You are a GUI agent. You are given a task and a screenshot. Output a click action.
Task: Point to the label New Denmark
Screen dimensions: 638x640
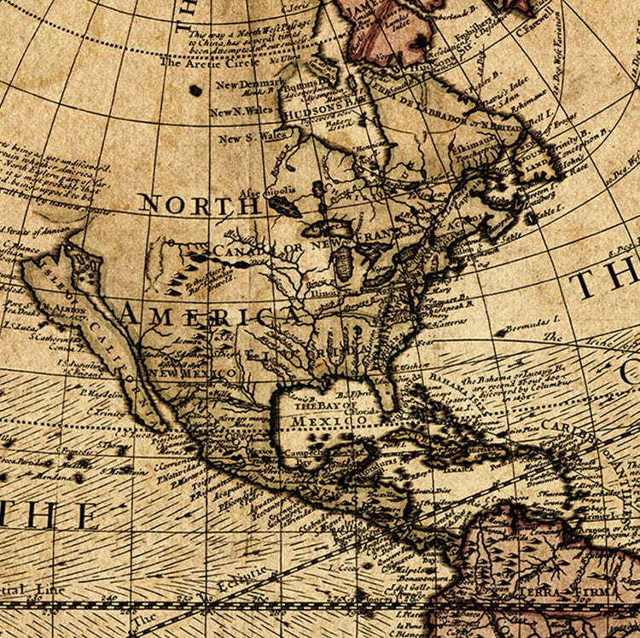[x=249, y=84]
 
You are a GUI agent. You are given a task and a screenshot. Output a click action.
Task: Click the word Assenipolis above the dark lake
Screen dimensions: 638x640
[x=264, y=191]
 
